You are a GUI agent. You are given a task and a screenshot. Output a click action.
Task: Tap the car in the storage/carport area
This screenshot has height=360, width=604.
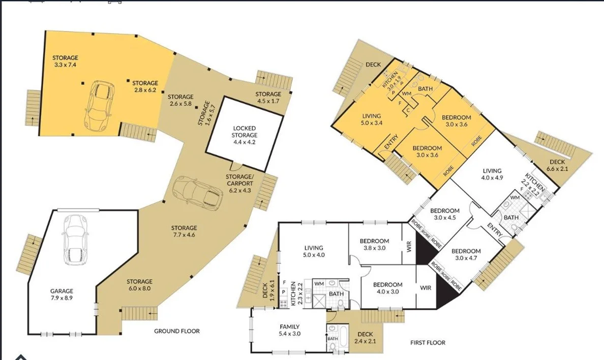(197, 193)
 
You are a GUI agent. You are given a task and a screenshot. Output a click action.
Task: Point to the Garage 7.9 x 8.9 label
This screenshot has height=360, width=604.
(62, 295)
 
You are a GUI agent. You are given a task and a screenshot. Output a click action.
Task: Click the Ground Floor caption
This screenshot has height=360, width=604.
(177, 331)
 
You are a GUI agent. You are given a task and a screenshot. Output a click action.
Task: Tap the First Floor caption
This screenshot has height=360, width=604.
(428, 343)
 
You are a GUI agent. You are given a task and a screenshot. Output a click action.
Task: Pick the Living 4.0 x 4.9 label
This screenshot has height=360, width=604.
(492, 174)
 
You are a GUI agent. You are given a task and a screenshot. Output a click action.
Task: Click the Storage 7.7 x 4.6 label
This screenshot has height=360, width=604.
(184, 231)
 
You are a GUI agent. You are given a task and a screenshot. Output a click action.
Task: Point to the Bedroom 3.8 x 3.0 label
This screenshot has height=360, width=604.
(374, 245)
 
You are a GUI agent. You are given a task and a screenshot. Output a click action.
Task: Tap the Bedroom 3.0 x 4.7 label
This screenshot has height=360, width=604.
(466, 254)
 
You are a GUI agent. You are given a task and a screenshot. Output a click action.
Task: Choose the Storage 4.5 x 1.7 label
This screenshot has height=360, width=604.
(268, 98)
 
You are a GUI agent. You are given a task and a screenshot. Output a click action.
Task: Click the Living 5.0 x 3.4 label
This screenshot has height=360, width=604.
(371, 119)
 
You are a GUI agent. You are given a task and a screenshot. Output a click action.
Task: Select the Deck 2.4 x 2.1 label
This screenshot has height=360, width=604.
(365, 338)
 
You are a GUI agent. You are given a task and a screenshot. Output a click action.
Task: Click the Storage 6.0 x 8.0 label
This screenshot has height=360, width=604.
(139, 285)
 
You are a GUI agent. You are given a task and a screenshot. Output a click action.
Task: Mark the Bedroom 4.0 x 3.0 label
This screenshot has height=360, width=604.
(387, 288)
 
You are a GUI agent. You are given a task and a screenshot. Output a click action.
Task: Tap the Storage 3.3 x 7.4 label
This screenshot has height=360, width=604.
(65, 62)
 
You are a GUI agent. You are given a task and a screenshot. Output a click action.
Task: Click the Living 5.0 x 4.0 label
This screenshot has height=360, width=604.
(314, 251)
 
